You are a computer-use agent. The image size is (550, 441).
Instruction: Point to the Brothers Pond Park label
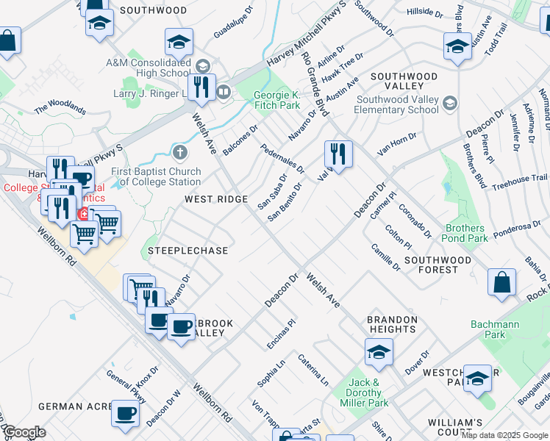point(465,234)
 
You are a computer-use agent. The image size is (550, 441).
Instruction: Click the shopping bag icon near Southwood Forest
point(501,283)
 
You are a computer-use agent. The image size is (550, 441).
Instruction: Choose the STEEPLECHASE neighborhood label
point(188,251)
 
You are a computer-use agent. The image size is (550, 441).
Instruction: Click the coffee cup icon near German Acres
point(125,414)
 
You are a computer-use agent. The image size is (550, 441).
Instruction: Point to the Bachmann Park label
point(495,329)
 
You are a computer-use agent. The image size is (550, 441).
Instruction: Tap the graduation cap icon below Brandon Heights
point(379,353)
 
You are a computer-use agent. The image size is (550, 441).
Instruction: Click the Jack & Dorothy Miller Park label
point(368,392)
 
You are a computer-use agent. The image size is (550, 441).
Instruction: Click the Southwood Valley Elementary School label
point(397,105)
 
